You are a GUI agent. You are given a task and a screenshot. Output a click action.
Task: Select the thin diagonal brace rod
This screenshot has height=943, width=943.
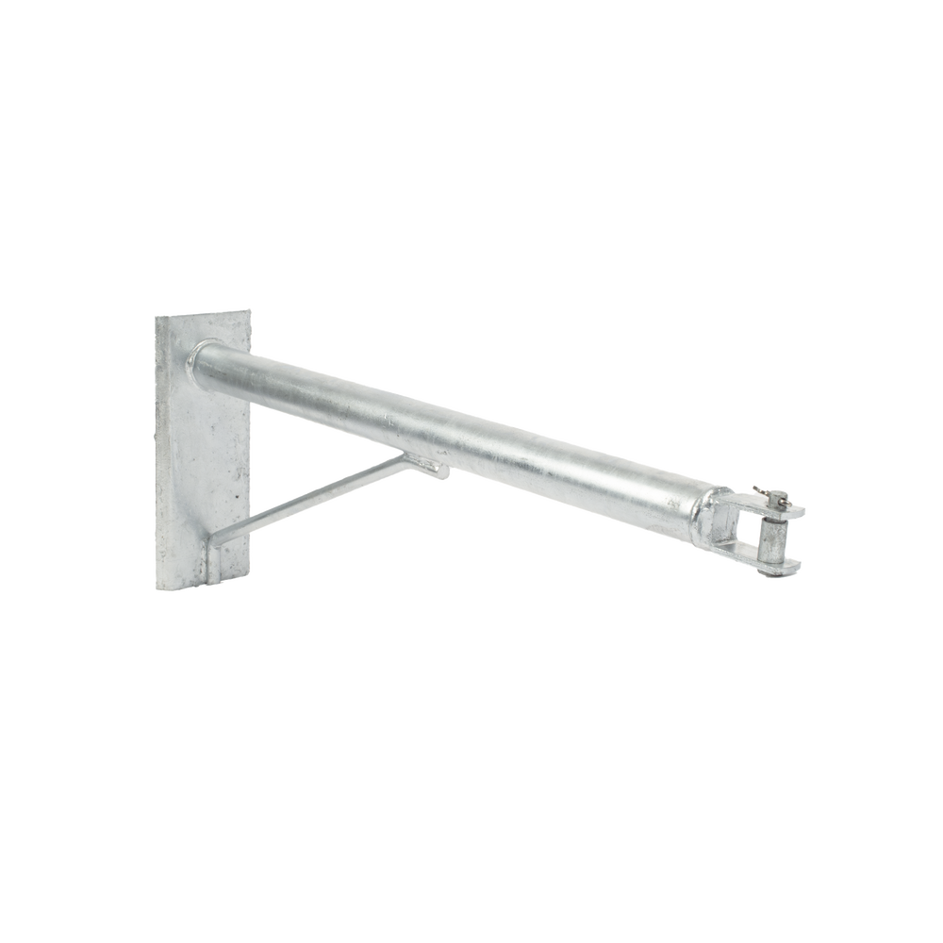[x=321, y=500]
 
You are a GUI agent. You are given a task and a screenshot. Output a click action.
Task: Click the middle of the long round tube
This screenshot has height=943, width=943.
[x=453, y=424]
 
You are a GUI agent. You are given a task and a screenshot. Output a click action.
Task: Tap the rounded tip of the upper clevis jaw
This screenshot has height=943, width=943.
[x=804, y=509]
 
